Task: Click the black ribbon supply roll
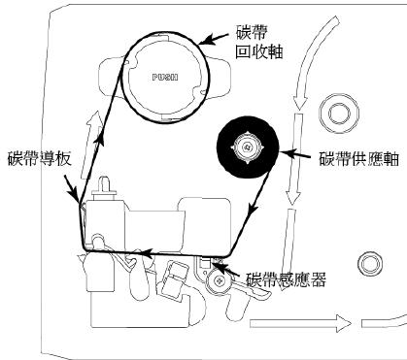pos(247,147)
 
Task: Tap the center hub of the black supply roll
pos(247,147)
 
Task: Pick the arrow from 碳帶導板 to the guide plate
pos(69,184)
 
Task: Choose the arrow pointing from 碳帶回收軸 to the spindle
pos(212,36)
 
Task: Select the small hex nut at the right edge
pos(367,261)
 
